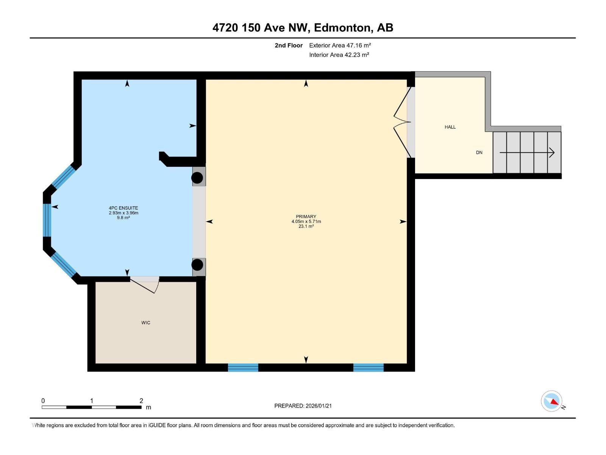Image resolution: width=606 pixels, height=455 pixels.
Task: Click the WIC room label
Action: (145, 323)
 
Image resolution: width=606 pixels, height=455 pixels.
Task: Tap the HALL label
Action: (450, 127)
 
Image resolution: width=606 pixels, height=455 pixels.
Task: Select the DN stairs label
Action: (479, 152)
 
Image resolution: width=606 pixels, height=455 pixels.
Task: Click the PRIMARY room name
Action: (306, 217)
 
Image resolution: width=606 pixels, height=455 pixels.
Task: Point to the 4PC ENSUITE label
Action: (123, 208)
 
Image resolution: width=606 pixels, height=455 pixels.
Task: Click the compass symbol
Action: (551, 401)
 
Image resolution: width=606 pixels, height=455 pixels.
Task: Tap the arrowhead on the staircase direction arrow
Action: (551, 152)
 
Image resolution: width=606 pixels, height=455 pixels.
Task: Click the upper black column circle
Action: (197, 178)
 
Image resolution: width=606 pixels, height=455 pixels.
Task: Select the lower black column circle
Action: (197, 265)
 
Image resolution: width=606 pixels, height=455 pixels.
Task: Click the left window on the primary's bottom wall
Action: (243, 368)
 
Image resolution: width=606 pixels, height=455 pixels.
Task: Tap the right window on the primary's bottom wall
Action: (368, 368)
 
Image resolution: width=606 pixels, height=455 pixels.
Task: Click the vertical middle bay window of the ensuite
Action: (47, 220)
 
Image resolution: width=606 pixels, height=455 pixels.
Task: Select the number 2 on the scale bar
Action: (141, 400)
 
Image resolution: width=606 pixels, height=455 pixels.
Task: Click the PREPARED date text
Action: (303, 406)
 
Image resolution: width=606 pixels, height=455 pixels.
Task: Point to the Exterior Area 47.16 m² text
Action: (340, 45)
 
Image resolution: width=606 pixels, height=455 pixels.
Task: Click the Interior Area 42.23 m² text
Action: (339, 55)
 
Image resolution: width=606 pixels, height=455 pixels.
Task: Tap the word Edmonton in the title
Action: (342, 28)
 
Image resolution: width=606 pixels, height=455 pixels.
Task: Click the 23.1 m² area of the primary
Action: (306, 226)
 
